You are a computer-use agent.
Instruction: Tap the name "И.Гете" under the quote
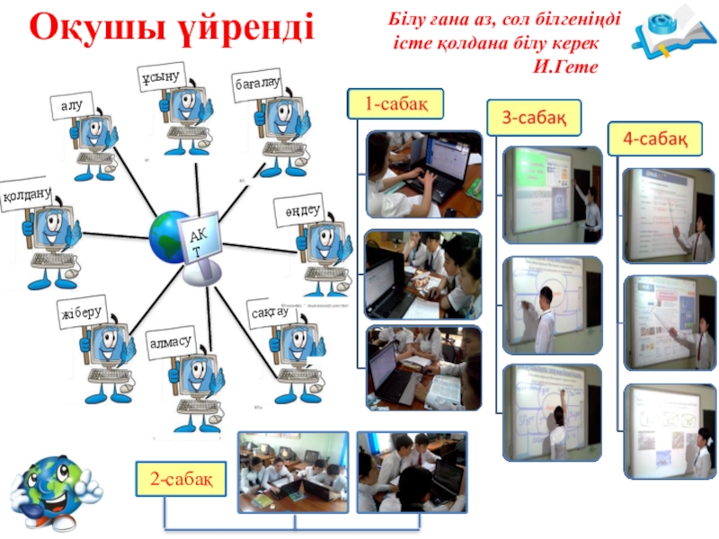[565, 66]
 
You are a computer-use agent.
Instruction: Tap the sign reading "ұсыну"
[162, 76]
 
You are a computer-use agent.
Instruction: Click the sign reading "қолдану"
[26, 194]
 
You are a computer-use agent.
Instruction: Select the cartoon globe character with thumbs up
[53, 491]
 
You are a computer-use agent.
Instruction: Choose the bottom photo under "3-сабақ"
[551, 411]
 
